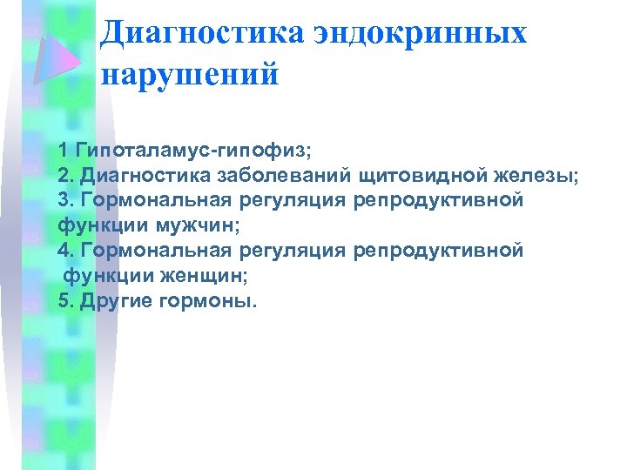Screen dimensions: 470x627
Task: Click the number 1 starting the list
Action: (64, 150)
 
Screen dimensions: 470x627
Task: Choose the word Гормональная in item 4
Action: (155, 251)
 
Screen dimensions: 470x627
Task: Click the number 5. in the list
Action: (66, 301)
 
